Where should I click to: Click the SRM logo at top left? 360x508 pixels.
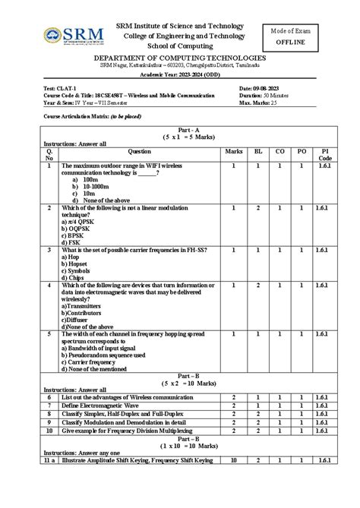click(x=72, y=35)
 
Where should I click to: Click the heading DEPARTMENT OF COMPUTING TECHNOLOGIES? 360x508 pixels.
click(x=179, y=58)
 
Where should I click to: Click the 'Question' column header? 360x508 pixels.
click(x=139, y=151)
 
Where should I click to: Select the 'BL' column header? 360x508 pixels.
click(x=257, y=151)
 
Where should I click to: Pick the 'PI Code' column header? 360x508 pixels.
click(x=325, y=155)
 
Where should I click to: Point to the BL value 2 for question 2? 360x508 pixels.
click(x=257, y=207)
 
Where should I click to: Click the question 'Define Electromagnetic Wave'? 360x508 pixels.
click(x=106, y=406)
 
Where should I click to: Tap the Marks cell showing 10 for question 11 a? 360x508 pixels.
click(x=234, y=460)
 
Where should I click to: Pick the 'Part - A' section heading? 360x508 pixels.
click(x=179, y=128)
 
